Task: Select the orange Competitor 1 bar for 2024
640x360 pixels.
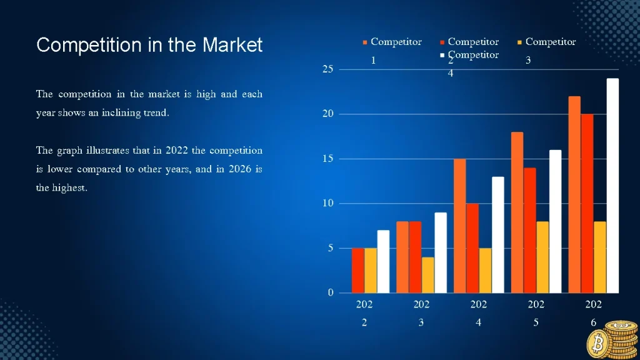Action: click(x=460, y=226)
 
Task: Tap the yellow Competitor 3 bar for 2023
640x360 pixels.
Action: click(x=428, y=275)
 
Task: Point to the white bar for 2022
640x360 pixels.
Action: click(x=383, y=261)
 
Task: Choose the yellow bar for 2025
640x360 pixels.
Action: click(x=542, y=257)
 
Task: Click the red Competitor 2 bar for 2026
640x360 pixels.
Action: click(x=587, y=203)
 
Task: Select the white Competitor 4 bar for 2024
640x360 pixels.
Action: click(x=497, y=234)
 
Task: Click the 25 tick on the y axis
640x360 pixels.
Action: click(x=327, y=69)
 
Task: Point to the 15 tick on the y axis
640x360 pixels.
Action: click(x=327, y=159)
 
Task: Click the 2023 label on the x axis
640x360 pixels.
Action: click(x=421, y=313)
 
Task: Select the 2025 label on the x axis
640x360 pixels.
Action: click(x=536, y=313)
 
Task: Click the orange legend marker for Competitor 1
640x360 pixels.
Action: click(x=365, y=42)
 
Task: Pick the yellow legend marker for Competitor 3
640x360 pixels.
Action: click(x=519, y=42)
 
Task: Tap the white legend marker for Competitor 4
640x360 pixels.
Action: click(x=442, y=56)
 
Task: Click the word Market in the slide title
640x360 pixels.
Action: click(x=232, y=45)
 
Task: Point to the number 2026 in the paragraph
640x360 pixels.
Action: click(x=235, y=169)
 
